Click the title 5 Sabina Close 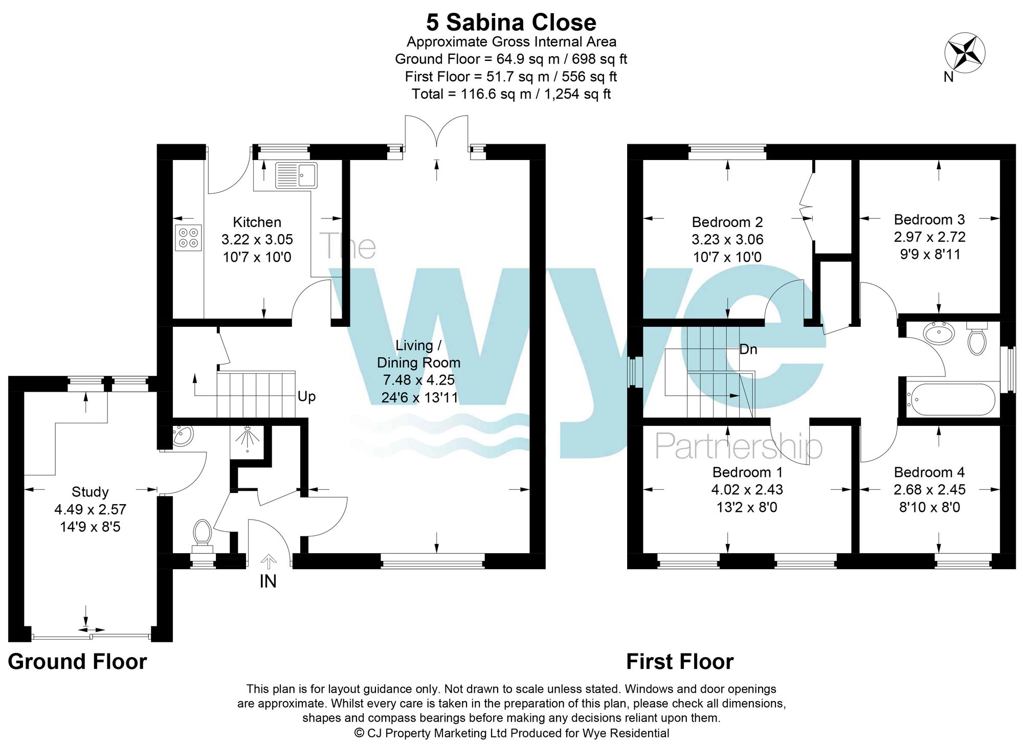click(x=511, y=22)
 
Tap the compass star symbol click(x=964, y=53)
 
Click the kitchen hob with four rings click(x=188, y=238)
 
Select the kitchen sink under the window click(x=296, y=175)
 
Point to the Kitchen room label click(x=257, y=222)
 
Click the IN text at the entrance click(x=268, y=581)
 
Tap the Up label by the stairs click(x=306, y=396)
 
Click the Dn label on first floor click(x=748, y=349)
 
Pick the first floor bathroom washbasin click(x=939, y=334)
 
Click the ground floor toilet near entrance click(x=203, y=535)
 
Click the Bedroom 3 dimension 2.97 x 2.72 click(x=929, y=237)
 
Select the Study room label click(x=90, y=492)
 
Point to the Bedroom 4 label click(x=929, y=472)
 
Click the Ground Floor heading click(x=77, y=661)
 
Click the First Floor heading click(x=680, y=661)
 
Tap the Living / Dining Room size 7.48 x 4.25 click(x=418, y=380)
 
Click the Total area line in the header click(x=511, y=94)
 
